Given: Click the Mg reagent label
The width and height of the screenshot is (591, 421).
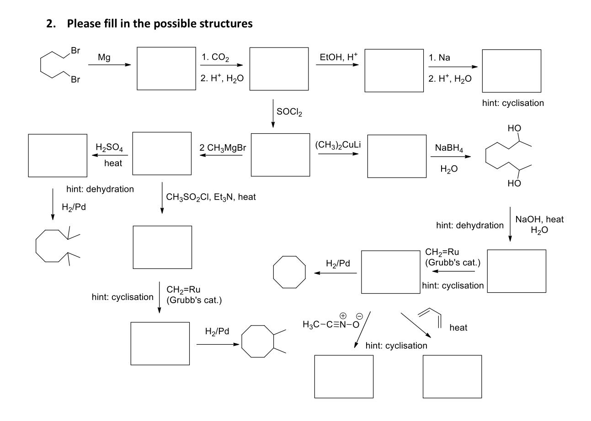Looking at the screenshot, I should [x=104, y=58].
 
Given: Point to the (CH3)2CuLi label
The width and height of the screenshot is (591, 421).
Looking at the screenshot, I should [x=336, y=146].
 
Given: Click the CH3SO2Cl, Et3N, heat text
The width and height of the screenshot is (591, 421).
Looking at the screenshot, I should [x=211, y=197].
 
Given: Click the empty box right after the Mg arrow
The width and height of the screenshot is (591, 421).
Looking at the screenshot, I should [x=166, y=68].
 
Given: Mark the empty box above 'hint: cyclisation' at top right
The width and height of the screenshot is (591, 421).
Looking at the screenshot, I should [x=511, y=71].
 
